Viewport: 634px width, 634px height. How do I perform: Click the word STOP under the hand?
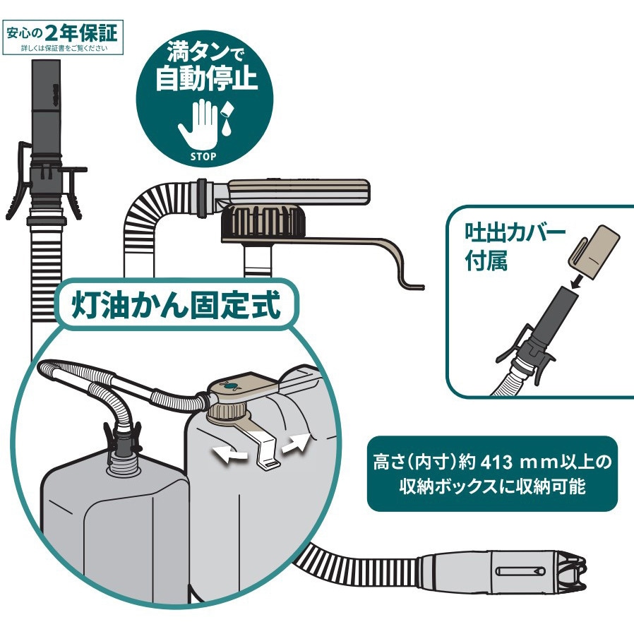(x=203, y=156)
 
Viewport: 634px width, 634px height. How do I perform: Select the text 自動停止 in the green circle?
(x=205, y=79)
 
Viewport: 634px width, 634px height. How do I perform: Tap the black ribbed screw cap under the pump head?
(x=262, y=225)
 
